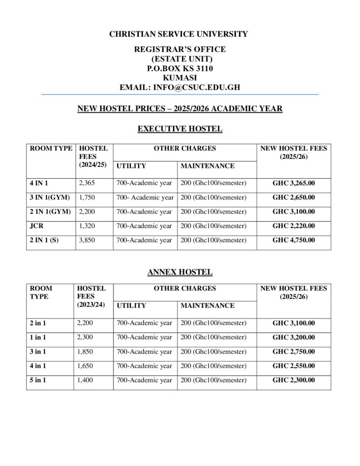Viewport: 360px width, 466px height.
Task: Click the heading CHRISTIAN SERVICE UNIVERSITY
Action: (x=180, y=34)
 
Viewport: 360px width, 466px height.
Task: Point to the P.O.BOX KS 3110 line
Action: (x=180, y=68)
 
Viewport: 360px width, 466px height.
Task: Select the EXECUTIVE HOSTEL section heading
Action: (x=180, y=129)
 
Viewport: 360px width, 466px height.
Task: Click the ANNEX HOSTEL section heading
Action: (x=180, y=273)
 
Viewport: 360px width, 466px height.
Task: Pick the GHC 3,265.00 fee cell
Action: (x=294, y=183)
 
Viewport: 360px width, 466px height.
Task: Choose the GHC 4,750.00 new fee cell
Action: (x=294, y=240)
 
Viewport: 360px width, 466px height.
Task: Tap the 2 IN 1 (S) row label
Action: (x=44, y=240)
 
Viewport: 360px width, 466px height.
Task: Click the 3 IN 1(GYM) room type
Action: (x=50, y=198)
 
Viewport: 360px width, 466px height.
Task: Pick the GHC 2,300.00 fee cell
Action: (x=294, y=380)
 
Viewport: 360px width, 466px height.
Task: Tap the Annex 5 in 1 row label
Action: (x=38, y=380)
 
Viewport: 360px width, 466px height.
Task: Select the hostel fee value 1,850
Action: (x=86, y=352)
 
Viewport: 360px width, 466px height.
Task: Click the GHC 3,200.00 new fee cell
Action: (x=294, y=338)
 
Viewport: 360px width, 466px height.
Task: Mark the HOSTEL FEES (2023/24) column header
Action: (x=92, y=296)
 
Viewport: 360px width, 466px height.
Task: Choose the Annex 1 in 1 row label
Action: (x=38, y=338)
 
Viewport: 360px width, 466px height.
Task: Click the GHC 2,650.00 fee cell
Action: (x=294, y=198)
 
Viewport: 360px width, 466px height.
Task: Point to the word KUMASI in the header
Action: (x=180, y=77)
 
